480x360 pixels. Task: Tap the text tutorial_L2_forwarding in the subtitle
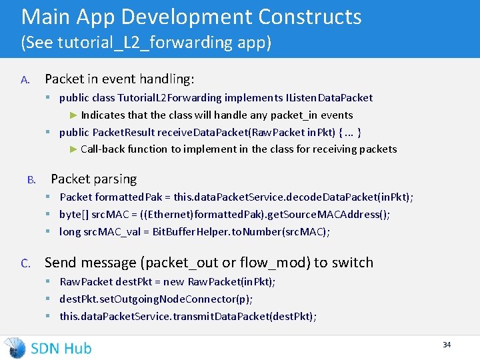click(151, 43)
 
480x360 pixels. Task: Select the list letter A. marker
click(25, 80)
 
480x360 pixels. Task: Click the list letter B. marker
click(31, 180)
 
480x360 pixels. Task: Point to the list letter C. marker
click(25, 263)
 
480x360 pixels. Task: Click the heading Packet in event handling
click(119, 79)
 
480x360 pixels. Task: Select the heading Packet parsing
click(94, 179)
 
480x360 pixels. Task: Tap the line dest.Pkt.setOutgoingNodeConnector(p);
click(156, 299)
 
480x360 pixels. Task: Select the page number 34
click(447, 345)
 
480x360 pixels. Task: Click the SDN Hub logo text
click(61, 347)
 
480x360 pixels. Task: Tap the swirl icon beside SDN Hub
click(15, 347)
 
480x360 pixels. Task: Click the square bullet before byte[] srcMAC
click(49, 214)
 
